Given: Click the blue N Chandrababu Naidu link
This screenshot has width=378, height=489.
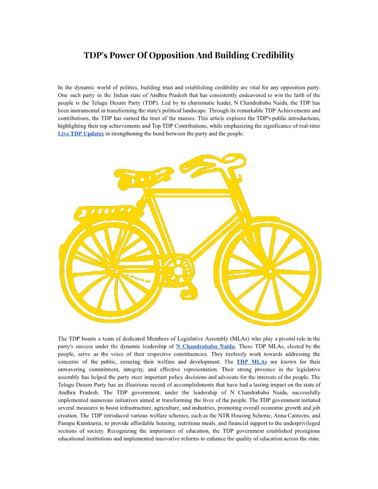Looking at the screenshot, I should tap(206, 346).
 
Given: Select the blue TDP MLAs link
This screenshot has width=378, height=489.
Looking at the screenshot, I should tap(252, 362).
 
